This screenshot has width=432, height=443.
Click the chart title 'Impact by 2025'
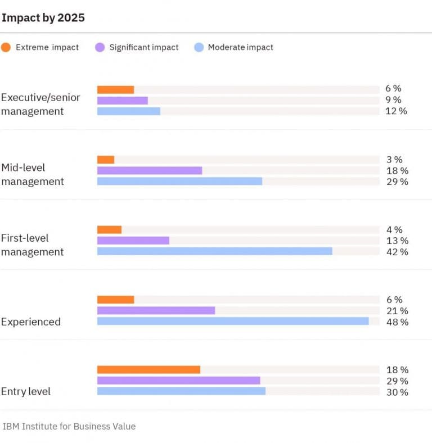click(x=43, y=17)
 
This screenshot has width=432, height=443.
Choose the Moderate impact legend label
click(x=240, y=47)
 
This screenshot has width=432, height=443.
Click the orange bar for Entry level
click(x=148, y=369)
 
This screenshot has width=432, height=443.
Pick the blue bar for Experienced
click(x=233, y=321)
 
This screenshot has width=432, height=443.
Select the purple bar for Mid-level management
click(x=150, y=170)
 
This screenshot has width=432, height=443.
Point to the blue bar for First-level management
click(x=215, y=251)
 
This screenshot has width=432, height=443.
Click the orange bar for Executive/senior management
click(x=115, y=89)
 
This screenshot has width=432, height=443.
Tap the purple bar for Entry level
click(x=178, y=381)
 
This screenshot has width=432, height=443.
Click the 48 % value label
click(x=397, y=322)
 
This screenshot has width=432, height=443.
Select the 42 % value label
click(x=397, y=252)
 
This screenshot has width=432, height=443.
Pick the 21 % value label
click(x=397, y=311)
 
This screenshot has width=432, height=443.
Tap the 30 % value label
click(x=397, y=392)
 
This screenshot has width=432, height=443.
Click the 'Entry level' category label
click(x=26, y=391)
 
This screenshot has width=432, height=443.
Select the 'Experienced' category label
click(x=30, y=322)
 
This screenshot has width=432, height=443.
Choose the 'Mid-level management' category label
click(x=33, y=174)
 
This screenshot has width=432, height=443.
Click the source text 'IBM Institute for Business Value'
click(x=69, y=426)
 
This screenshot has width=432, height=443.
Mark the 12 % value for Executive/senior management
click(x=397, y=111)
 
